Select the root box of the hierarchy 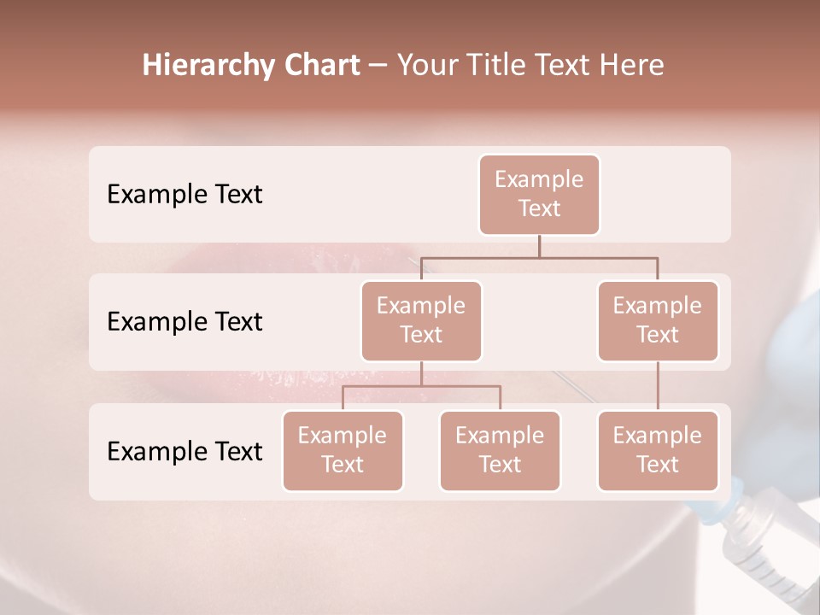click(x=539, y=195)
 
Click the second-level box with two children click(x=421, y=321)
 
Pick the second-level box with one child click(x=658, y=321)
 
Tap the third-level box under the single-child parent click(x=658, y=451)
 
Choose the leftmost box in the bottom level click(x=343, y=451)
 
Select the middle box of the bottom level click(x=500, y=451)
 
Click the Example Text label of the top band click(x=184, y=195)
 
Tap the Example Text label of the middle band click(x=184, y=322)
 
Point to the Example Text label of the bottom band click(x=184, y=451)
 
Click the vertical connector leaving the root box click(x=539, y=246)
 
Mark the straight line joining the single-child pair click(x=658, y=386)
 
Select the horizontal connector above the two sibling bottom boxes click(x=421, y=387)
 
